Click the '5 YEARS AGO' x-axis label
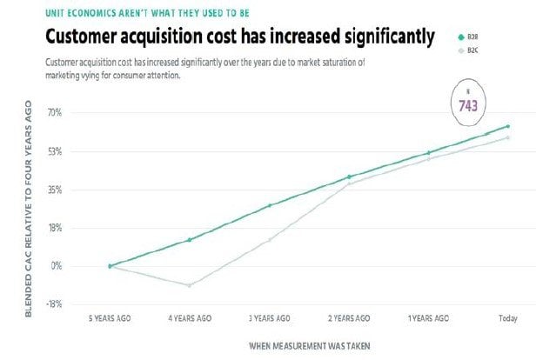click(110, 319)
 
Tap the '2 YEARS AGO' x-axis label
click(349, 319)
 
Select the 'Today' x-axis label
click(507, 319)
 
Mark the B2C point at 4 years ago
click(189, 285)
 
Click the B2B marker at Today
click(507, 127)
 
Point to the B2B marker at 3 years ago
click(270, 205)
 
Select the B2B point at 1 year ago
click(428, 153)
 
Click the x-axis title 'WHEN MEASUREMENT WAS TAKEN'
click(309, 345)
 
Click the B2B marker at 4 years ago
click(189, 239)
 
